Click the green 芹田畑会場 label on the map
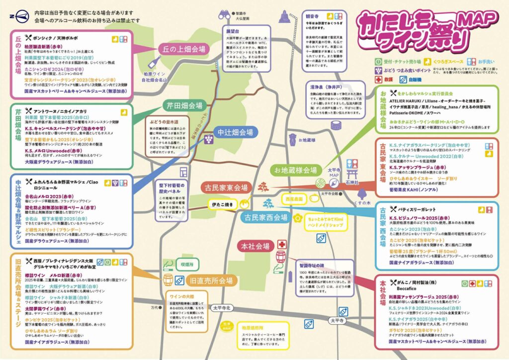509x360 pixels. coord(184,106)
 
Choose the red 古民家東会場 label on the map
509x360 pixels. coord(226,187)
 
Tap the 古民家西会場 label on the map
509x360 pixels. coord(265,217)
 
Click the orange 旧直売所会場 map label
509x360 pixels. coord(211,280)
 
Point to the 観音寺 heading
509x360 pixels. coord(311,15)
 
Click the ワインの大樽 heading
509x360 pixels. coord(176,297)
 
